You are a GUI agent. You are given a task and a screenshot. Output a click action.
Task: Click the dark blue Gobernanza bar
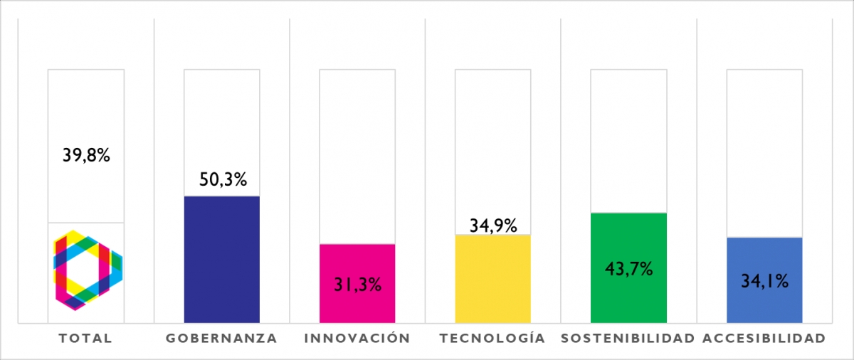[x=221, y=259]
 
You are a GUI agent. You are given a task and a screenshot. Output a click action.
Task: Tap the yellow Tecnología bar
[x=492, y=278]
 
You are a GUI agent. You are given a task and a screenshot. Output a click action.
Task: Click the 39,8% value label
[x=86, y=155]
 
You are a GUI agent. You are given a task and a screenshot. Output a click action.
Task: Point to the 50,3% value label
[x=222, y=179]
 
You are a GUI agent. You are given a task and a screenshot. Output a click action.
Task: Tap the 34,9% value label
[x=493, y=225]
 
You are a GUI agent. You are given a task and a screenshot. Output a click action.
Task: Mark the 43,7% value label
[x=628, y=269]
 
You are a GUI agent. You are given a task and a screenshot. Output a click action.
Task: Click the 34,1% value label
[x=764, y=281]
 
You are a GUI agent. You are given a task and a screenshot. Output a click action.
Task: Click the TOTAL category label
[x=86, y=339]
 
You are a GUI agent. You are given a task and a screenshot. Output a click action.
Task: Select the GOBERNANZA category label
[x=221, y=339]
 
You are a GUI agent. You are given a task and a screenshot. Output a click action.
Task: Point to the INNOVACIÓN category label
[x=357, y=339]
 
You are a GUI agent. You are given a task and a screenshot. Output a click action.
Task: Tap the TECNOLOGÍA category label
[x=492, y=338]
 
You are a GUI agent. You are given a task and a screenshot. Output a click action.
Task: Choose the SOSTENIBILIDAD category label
[x=628, y=339]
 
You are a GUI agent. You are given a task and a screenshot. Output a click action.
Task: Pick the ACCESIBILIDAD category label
[x=764, y=339]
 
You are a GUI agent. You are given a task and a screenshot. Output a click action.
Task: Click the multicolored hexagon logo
[x=88, y=270]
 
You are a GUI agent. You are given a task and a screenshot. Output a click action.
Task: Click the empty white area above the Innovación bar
[x=357, y=157]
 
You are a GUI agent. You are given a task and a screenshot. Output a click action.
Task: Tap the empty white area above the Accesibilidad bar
[x=764, y=153]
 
